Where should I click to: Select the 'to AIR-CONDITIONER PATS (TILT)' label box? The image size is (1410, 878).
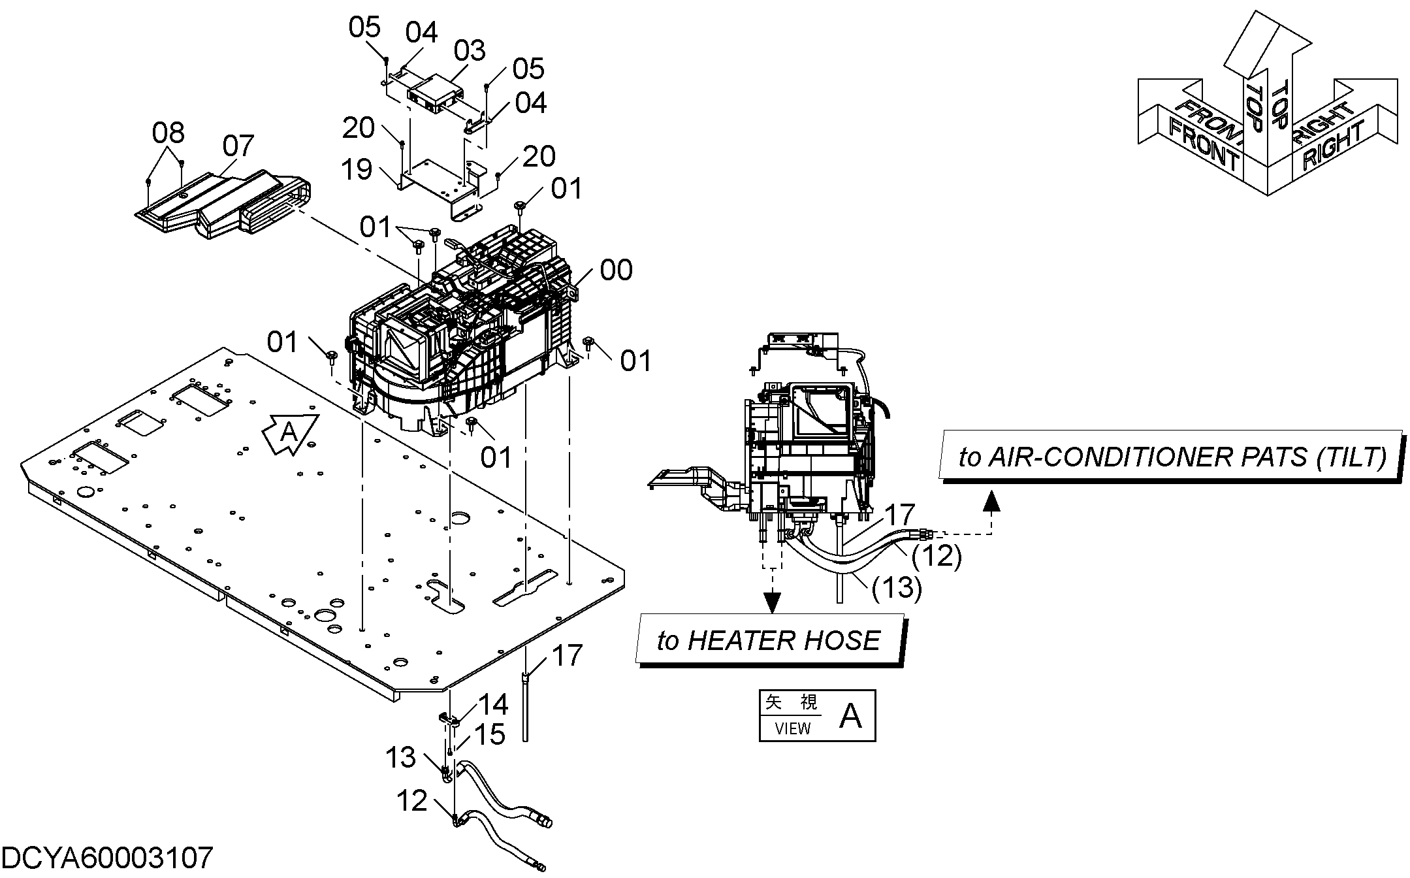[x=1172, y=456]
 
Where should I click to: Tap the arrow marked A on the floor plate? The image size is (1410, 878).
[x=290, y=432]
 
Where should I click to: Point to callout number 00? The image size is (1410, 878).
[x=616, y=270]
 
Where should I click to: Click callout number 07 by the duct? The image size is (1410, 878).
[x=238, y=146]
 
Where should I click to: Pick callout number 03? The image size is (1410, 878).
[x=470, y=50]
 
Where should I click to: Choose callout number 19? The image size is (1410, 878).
[x=357, y=169]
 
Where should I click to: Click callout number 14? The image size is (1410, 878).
[x=493, y=704]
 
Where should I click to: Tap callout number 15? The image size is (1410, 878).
[x=490, y=734]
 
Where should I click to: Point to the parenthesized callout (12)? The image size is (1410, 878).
[x=937, y=556]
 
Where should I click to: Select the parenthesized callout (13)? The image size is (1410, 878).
[x=897, y=587]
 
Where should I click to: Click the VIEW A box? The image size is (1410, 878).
[x=817, y=716]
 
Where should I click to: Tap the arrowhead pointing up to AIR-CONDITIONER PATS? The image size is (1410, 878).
[x=991, y=500]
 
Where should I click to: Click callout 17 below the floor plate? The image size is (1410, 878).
[x=567, y=655]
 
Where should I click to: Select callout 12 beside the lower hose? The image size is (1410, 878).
[x=411, y=801]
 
